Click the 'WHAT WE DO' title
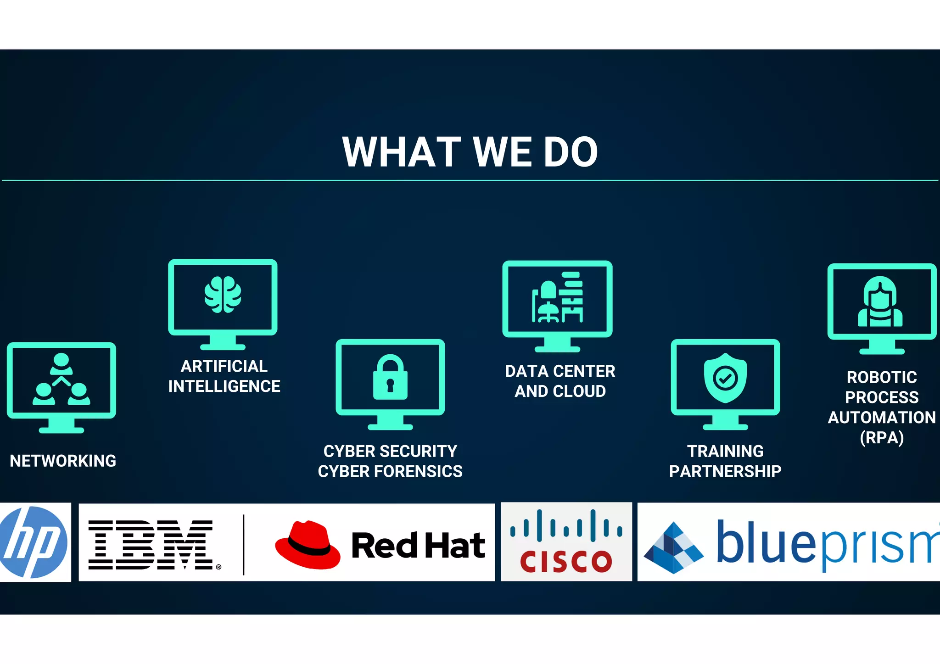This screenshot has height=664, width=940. coord(470,152)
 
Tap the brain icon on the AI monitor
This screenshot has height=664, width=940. coord(223,295)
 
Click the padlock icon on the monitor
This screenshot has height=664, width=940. coord(390,377)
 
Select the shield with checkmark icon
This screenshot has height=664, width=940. coord(725,378)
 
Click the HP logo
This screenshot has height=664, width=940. coord(34,542)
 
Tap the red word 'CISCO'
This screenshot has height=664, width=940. coord(566,561)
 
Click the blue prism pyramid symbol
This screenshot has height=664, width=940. coord(673,548)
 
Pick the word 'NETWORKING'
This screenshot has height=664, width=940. coord(63,461)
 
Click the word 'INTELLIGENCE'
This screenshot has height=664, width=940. coord(224,386)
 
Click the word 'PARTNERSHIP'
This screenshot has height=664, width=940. coord(725,471)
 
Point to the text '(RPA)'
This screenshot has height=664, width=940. coord(882,437)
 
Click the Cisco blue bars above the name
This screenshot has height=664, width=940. coord(566,525)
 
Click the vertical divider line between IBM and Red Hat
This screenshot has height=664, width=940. coord(244,545)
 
